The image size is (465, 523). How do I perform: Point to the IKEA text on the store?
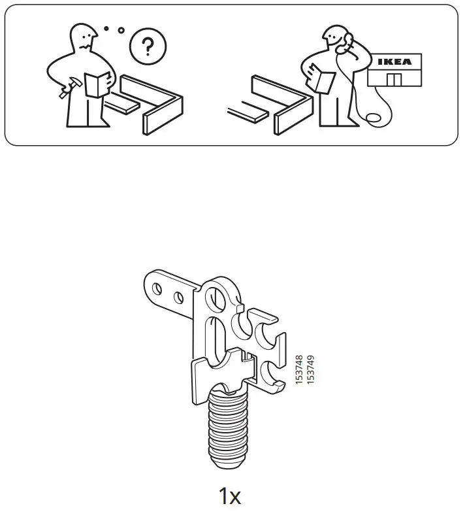coord(395,62)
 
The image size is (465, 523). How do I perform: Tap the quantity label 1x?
coord(229,496)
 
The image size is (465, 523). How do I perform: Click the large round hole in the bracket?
coord(215,301)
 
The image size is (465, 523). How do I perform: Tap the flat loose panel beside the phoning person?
coord(249,111)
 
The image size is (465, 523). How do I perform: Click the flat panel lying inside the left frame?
coord(123,102)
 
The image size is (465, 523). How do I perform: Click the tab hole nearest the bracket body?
coord(178,298)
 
